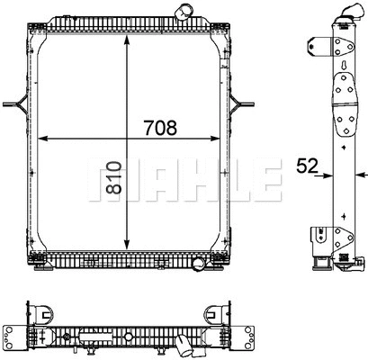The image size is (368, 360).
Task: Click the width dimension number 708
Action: [x=165, y=128]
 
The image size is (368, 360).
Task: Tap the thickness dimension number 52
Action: [x=306, y=165]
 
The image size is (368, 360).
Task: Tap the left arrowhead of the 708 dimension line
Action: [x=48, y=139]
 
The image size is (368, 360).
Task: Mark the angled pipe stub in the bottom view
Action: [x=184, y=347]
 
